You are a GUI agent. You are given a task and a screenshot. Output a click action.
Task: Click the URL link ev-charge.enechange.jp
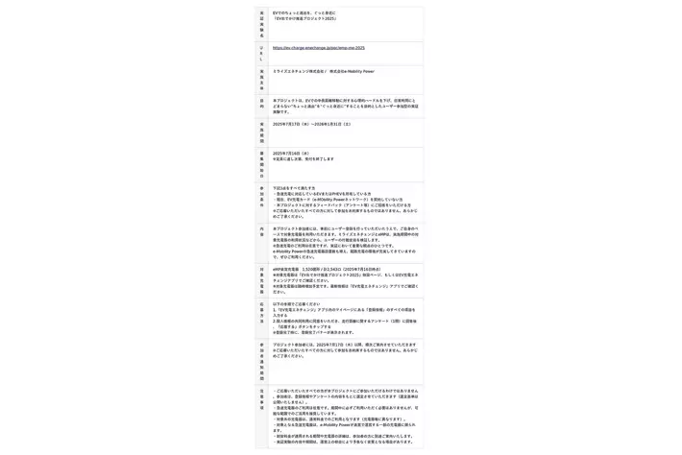(x=318, y=48)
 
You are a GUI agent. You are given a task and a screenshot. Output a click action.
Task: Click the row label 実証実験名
(x=261, y=24)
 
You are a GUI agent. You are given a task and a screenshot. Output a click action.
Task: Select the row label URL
(x=261, y=53)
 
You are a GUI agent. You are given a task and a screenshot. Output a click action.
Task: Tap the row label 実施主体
(x=261, y=79)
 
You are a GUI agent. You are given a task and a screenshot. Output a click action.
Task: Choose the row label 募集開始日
(x=261, y=162)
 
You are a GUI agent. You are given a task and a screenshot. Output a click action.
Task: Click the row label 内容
(x=261, y=231)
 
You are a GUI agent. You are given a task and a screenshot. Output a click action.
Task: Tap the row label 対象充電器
(x=261, y=279)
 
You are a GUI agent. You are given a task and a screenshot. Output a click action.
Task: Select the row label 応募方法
(x=261, y=313)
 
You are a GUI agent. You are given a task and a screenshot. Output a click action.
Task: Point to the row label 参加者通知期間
(x=261, y=361)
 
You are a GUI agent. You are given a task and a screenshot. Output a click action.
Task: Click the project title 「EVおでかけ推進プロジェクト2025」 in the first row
(x=304, y=18)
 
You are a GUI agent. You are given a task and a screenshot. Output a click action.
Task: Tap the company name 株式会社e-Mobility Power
(x=352, y=71)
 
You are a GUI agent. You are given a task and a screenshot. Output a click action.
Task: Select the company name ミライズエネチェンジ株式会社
(x=299, y=71)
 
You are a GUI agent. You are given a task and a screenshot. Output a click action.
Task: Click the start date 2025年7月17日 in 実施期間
(x=291, y=124)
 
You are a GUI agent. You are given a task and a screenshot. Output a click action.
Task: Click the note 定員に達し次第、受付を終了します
(x=304, y=159)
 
